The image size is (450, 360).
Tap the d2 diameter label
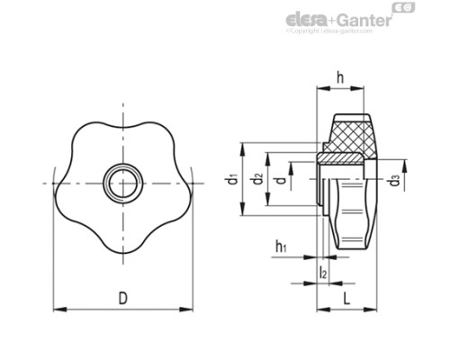(258, 179)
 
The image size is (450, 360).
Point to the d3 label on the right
(395, 180)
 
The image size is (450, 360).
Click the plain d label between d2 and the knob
(283, 179)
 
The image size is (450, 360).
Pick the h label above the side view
(343, 77)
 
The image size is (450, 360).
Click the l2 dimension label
(323, 272)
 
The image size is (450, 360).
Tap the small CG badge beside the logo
(407, 9)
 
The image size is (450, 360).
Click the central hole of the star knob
(121, 183)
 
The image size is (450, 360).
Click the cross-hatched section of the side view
(350, 136)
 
